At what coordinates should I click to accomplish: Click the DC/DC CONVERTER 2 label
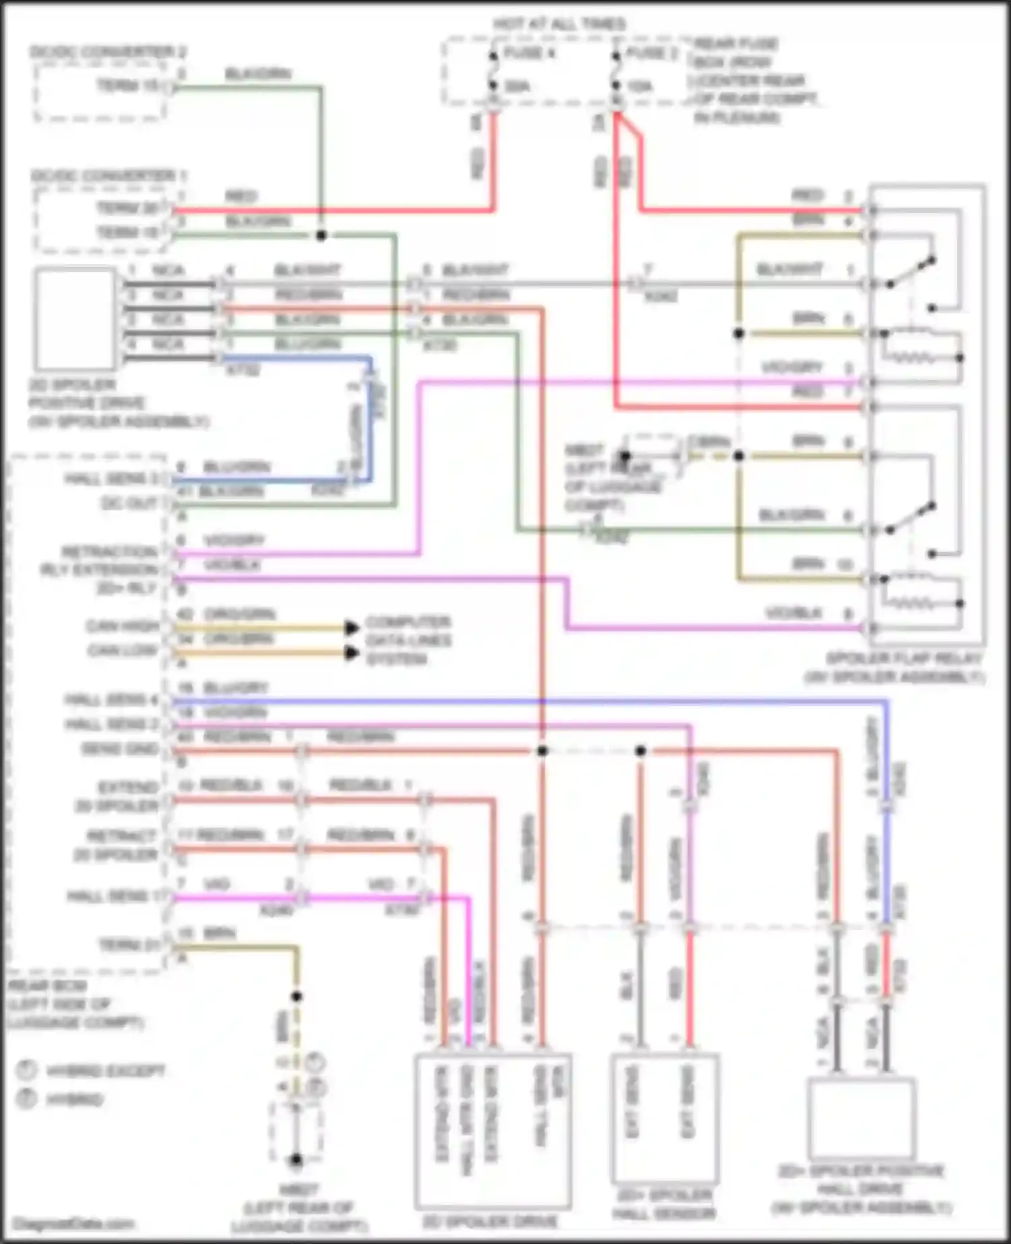[108, 52]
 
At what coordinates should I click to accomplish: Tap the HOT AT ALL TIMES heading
[559, 24]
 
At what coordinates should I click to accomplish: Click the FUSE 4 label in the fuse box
[529, 53]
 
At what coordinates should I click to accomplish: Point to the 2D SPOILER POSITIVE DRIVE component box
[75, 319]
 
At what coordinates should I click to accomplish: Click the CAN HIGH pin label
[123, 627]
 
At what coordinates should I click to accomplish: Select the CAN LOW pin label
[123, 651]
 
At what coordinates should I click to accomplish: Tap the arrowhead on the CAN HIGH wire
[351, 628]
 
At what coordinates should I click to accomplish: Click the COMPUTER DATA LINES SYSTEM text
[408, 640]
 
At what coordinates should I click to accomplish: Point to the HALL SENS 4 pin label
[111, 700]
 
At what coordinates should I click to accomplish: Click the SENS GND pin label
[119, 749]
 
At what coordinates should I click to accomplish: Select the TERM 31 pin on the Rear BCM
[129, 945]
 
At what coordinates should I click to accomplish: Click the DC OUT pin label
[129, 503]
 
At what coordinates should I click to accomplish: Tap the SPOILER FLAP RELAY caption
[903, 658]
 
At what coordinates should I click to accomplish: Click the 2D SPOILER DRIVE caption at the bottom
[490, 1221]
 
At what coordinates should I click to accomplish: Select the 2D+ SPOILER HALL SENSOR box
[665, 1119]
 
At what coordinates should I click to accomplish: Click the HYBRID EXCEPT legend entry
[104, 1071]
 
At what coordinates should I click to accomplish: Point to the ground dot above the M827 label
[296, 1160]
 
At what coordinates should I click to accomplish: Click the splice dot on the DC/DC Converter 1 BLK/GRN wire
[321, 235]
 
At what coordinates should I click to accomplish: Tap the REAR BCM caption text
[47, 986]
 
